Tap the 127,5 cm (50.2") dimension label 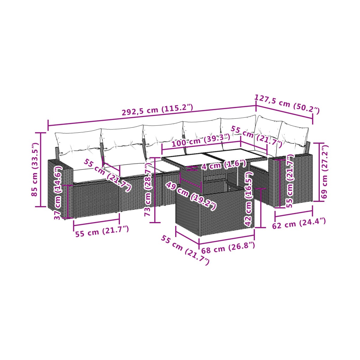click(287, 104)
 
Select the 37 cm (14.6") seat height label click(58, 193)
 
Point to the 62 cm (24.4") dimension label click(299, 223)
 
